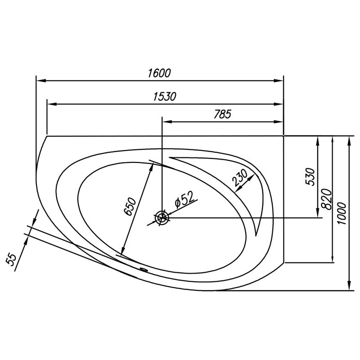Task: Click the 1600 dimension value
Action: pyautogui.click(x=159, y=73)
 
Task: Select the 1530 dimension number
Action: pyautogui.click(x=165, y=97)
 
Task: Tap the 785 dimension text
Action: pyautogui.click(x=222, y=114)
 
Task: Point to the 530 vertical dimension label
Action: pyautogui.click(x=310, y=176)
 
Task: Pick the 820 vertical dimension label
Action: pyautogui.click(x=327, y=199)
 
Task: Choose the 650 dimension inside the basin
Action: pyautogui.click(x=130, y=207)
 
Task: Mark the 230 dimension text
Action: pyautogui.click(x=240, y=177)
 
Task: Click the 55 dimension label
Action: pyautogui.click(x=11, y=260)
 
